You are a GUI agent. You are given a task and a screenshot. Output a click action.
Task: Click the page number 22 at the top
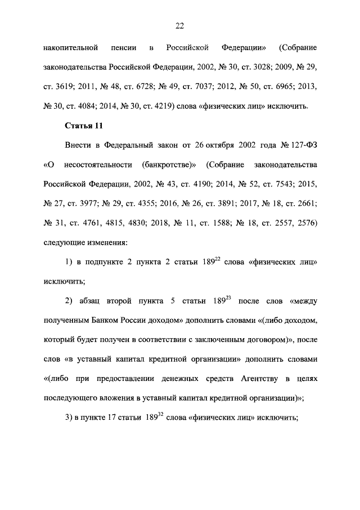tap(180, 25)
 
